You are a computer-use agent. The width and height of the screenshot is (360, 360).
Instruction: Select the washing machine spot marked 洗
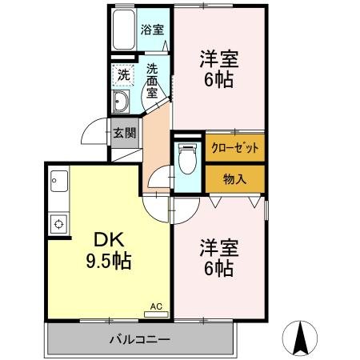pos(123,74)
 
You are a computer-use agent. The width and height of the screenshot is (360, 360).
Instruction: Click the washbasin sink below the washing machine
pos(122,102)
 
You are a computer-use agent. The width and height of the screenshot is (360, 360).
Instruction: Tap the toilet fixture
pos(186,158)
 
